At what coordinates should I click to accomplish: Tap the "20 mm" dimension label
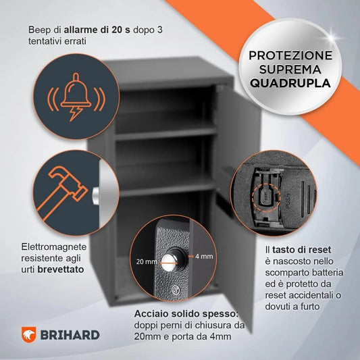pos(147,260)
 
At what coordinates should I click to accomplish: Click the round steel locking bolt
pos(178,258)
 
